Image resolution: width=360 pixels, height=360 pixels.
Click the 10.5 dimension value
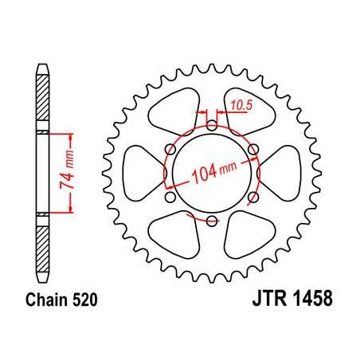(239, 103)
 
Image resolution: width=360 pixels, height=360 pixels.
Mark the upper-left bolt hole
(170, 148)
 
